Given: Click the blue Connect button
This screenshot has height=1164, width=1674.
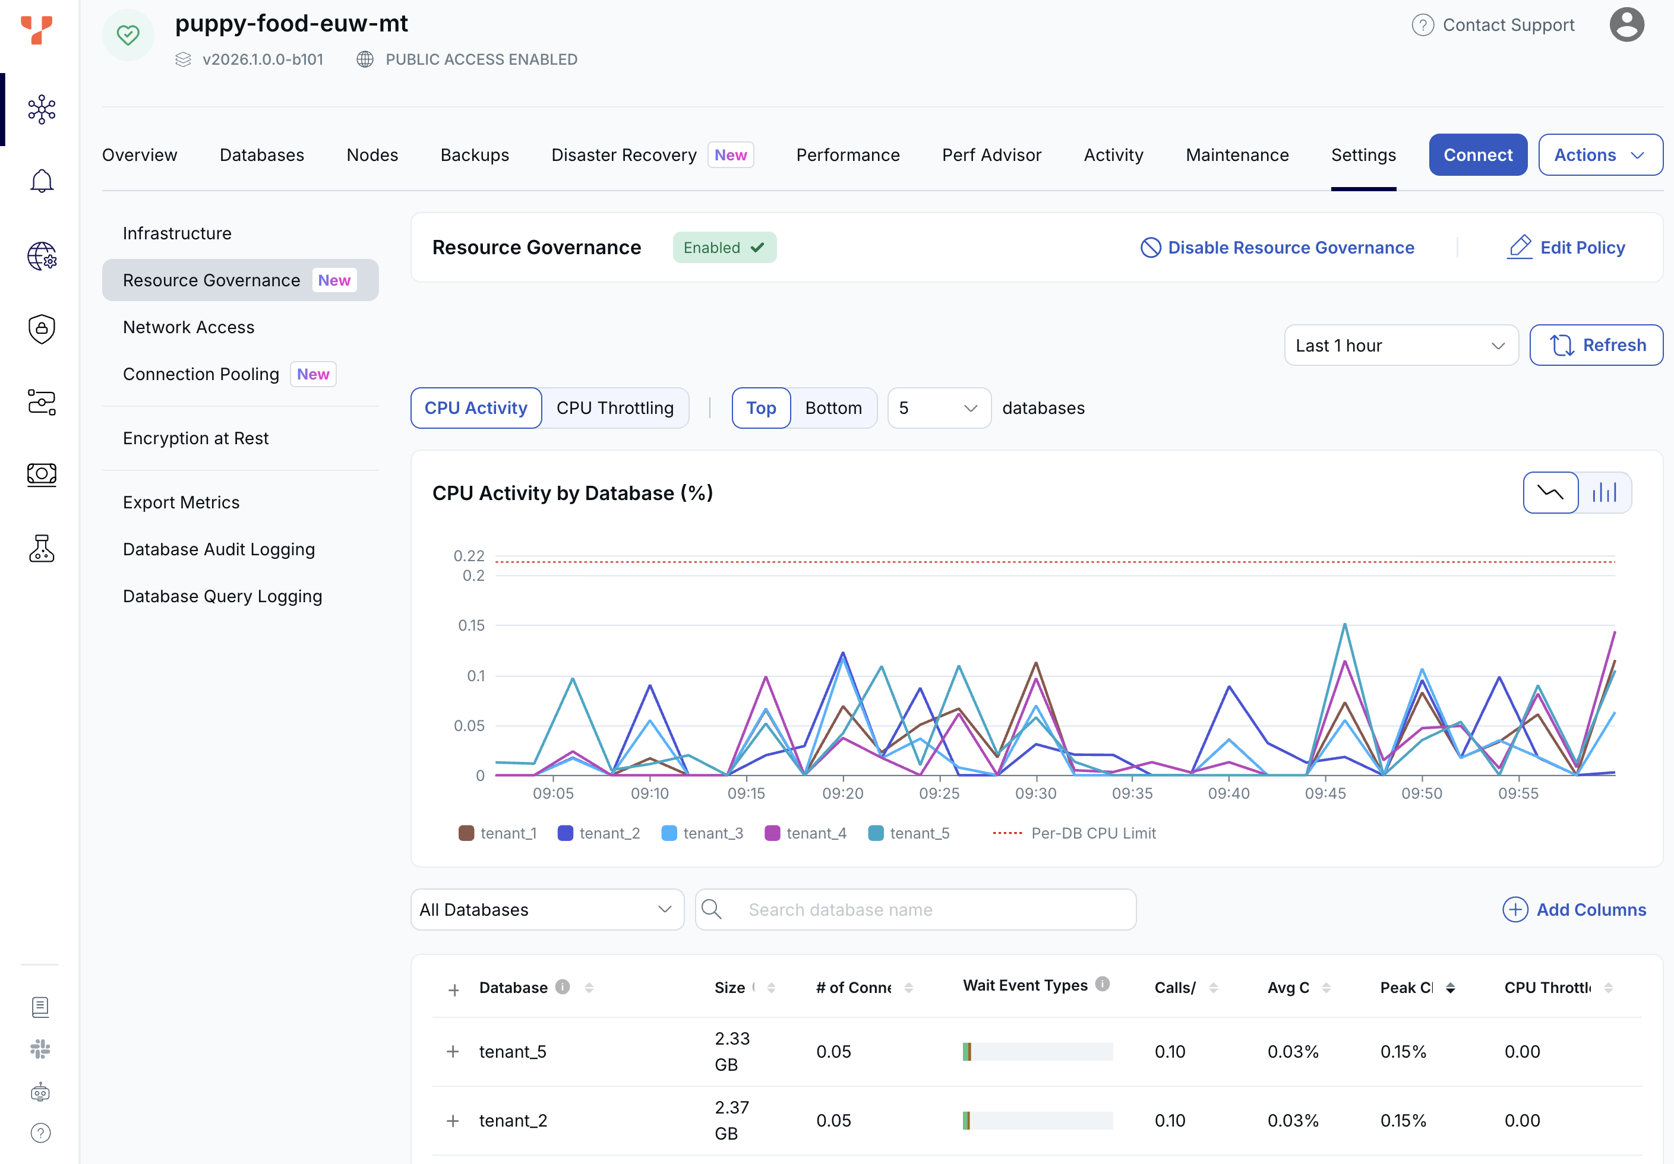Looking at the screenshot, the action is tap(1477, 154).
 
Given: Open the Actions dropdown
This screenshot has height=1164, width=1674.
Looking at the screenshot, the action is tap(1600, 154).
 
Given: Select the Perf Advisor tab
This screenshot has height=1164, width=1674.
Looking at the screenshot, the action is tap(991, 155).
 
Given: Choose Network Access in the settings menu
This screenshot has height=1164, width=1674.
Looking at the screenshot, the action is tap(189, 327).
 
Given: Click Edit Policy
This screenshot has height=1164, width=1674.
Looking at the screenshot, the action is tap(1566, 248).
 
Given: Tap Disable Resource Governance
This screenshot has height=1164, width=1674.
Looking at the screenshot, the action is tap(1277, 248).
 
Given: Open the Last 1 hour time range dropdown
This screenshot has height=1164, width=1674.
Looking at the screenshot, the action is tap(1401, 346).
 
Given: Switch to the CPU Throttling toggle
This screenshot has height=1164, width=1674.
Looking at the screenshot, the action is tap(615, 408).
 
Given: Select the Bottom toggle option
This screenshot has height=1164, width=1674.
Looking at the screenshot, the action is tap(833, 408).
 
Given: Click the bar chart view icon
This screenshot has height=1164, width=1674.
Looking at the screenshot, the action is tap(1604, 493).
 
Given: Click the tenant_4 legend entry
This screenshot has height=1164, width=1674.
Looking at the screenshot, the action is tap(806, 833).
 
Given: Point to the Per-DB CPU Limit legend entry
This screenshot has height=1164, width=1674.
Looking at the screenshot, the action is tap(1074, 833).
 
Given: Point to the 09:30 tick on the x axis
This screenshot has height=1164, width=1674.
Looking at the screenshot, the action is tap(1035, 793).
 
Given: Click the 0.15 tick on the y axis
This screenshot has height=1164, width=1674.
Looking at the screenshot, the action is tap(471, 625).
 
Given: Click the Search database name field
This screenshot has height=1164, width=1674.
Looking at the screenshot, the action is tap(916, 910).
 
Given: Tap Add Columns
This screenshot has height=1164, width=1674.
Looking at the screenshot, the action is tap(1574, 910).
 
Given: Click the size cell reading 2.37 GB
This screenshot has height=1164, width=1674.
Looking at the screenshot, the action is tap(732, 1120).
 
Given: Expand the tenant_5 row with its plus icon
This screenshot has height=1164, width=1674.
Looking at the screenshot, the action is tap(453, 1052).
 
